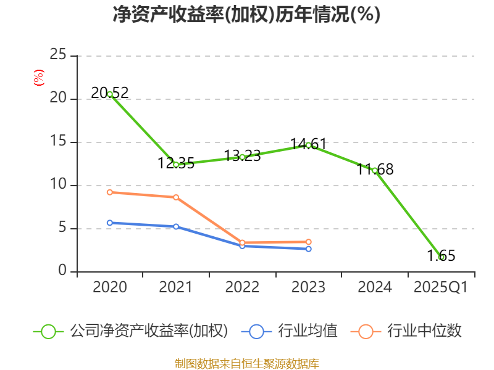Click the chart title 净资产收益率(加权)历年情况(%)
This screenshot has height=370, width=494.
246,14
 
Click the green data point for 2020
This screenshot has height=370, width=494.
110,94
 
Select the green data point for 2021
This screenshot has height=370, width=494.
176,165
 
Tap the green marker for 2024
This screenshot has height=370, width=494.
374,170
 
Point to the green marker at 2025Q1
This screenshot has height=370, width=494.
441,257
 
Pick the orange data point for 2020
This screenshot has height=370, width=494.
110,192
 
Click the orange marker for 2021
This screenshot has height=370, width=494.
176,197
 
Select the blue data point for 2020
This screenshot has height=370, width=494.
110,223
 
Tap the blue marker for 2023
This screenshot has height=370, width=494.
308,249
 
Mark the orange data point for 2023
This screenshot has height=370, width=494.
308,242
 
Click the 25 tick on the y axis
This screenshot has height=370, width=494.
57,55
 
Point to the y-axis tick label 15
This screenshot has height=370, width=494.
57,142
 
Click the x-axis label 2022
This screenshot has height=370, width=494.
242,287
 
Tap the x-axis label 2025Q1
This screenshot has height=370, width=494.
440,287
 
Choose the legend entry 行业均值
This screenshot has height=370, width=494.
308,331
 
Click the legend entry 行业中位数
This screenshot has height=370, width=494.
424,331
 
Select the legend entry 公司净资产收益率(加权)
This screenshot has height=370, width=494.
148,331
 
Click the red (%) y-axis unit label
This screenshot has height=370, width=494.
38,78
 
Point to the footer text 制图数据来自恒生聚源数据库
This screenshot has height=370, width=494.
246,363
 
